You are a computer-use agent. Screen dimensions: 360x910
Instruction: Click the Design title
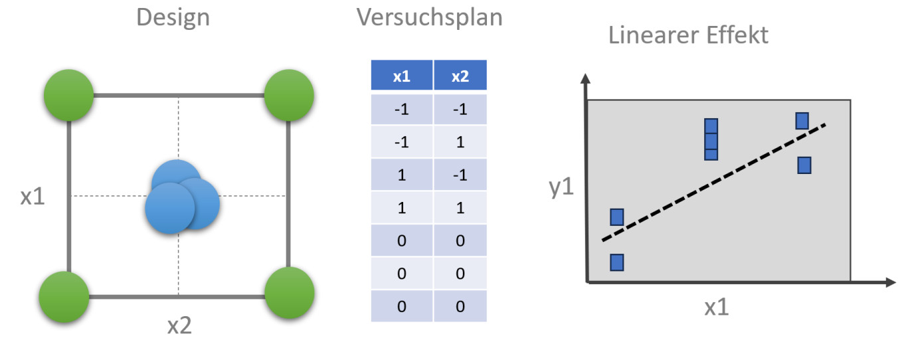(173, 18)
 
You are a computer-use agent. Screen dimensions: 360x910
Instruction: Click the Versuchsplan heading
(429, 18)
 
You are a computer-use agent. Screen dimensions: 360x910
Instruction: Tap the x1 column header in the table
(401, 76)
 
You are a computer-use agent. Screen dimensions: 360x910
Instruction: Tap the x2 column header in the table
(460, 76)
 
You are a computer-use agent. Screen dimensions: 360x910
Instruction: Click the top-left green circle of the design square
(68, 96)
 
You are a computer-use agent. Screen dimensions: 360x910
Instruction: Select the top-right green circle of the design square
(289, 95)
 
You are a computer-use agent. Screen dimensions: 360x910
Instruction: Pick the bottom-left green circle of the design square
(64, 296)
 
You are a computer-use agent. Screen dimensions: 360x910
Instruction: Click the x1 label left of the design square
(32, 197)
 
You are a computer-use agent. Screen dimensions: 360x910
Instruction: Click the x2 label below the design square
(179, 325)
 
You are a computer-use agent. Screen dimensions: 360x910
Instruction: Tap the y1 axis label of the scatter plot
(562, 188)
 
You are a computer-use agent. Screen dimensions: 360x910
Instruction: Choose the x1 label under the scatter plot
(717, 308)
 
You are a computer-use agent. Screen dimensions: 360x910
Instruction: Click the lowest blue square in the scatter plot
(617, 262)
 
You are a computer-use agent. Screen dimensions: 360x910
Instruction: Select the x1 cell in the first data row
(401, 110)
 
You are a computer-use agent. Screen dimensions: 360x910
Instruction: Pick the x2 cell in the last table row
(460, 306)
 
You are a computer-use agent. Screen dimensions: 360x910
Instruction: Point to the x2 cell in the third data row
(460, 175)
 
